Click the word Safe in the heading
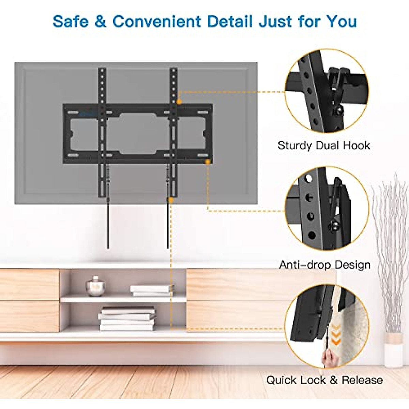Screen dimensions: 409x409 (71, 21)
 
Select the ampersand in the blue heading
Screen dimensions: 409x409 (100, 21)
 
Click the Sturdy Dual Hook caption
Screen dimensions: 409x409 (323, 146)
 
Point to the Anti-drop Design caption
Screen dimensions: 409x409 (324, 265)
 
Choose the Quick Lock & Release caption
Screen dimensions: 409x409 (324, 380)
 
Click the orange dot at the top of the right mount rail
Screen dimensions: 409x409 (179, 101)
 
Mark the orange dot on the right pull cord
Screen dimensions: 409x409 (171, 200)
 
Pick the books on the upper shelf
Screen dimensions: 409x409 (151, 290)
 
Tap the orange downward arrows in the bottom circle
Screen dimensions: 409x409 (336, 334)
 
